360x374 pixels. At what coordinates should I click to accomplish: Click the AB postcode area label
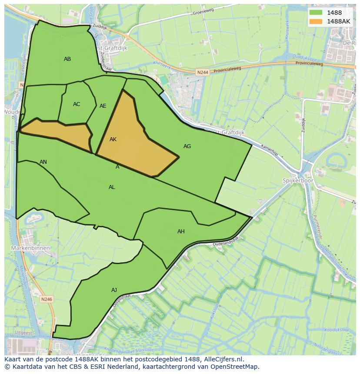click(67, 59)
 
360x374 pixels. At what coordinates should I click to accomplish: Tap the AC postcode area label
click(77, 104)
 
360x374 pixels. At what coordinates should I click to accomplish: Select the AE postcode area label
click(103, 106)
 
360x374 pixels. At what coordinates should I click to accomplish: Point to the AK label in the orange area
click(113, 139)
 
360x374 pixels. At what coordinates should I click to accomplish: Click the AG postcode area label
click(187, 146)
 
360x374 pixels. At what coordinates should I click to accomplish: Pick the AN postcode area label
click(43, 162)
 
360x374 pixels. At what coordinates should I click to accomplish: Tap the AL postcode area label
click(112, 187)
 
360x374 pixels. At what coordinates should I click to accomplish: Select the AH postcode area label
click(181, 232)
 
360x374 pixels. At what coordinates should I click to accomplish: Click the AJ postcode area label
click(114, 290)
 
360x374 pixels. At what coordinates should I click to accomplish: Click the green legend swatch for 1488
click(316, 13)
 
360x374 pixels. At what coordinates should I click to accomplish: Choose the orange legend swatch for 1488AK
click(316, 21)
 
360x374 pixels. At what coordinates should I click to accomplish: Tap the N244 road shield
click(202, 73)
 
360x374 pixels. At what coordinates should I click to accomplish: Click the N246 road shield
click(47, 299)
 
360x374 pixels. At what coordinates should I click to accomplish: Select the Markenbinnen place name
click(31, 248)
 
